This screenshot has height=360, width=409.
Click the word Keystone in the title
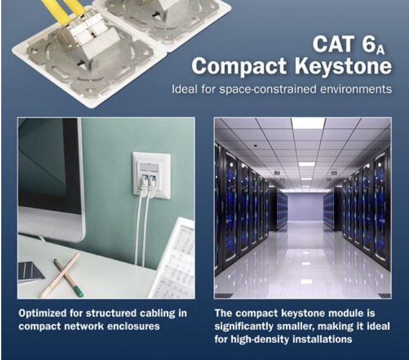(343, 67)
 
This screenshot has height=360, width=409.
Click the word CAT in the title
(333, 44)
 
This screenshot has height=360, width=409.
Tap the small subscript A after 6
(381, 50)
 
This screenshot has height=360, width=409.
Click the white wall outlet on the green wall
(151, 174)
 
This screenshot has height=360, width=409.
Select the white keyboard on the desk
(174, 258)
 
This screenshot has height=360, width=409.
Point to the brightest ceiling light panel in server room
(308, 123)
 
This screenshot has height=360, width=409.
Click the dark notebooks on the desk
(30, 272)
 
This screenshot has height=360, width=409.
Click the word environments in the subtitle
(356, 89)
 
